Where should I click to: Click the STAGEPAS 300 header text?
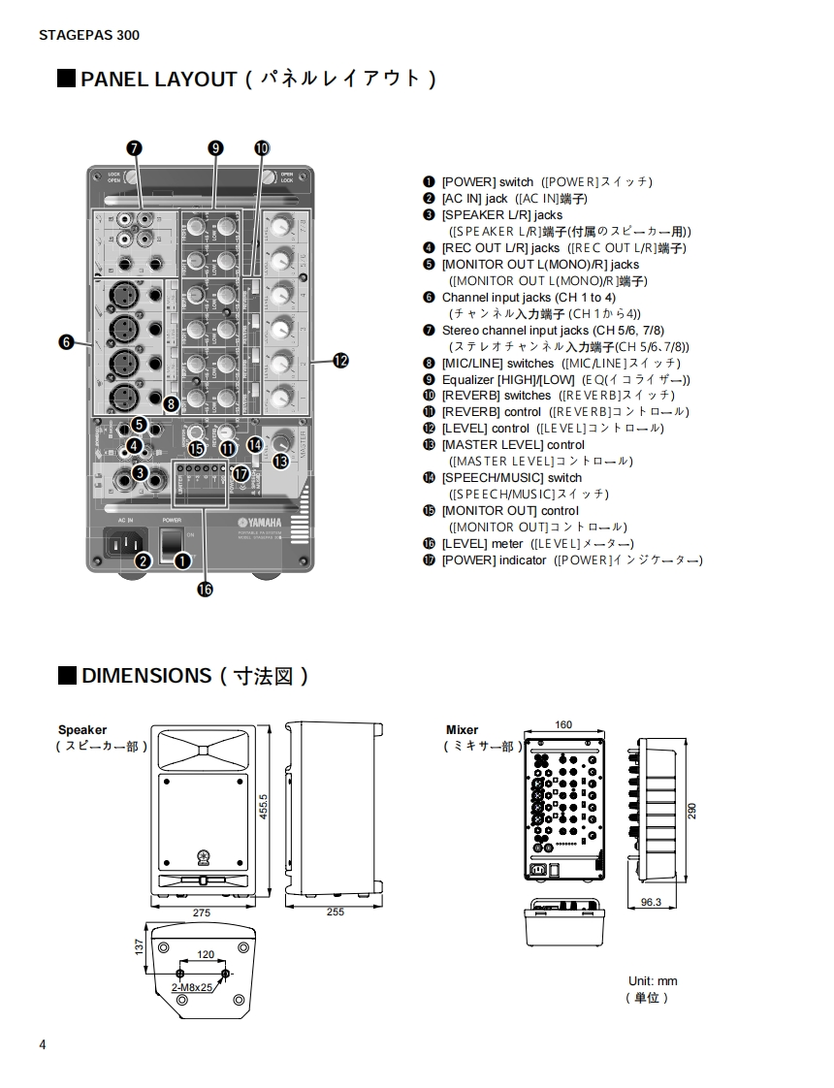pos(89,36)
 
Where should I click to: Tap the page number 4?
pos(43,1044)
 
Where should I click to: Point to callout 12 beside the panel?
pos(340,361)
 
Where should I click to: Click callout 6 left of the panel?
pos(66,341)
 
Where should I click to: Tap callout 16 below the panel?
pos(205,589)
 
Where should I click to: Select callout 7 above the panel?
pos(135,147)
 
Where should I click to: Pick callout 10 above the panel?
pos(262,147)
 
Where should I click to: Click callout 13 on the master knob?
pos(280,462)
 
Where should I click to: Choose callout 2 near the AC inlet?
pos(143,560)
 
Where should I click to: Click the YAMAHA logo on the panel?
pos(261,523)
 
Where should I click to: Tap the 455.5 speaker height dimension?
pos(263,807)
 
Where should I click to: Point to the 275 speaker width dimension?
pos(202,912)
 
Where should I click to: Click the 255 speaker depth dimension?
pos(336,912)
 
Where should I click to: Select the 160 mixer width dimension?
pos(563,725)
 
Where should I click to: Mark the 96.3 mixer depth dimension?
pos(651,902)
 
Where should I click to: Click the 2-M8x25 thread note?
pos(192,987)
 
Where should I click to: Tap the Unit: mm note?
pos(653,981)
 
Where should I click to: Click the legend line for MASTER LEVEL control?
pos(513,445)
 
